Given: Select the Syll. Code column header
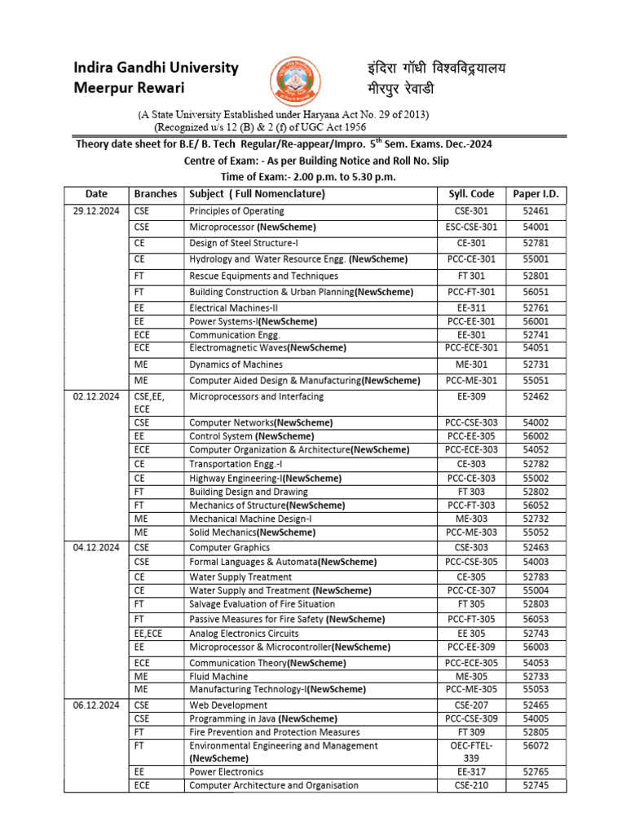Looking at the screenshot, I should click(x=471, y=194).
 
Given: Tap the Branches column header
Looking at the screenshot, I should click(x=155, y=194).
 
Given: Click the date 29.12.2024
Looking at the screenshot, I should click(x=96, y=211).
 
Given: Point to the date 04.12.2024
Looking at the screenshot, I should click(x=96, y=548).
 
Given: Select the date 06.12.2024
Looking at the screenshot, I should click(x=96, y=705).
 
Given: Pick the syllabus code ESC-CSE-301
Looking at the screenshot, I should click(x=471, y=228).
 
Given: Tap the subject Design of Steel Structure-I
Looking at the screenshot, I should click(x=245, y=244).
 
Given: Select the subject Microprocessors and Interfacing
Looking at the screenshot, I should click(x=256, y=396).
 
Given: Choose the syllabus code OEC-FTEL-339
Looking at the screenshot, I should click(x=471, y=751).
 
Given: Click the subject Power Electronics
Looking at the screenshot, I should click(x=226, y=771).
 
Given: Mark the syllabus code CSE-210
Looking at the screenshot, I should click(x=471, y=785).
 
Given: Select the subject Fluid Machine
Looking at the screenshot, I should click(x=218, y=675).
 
